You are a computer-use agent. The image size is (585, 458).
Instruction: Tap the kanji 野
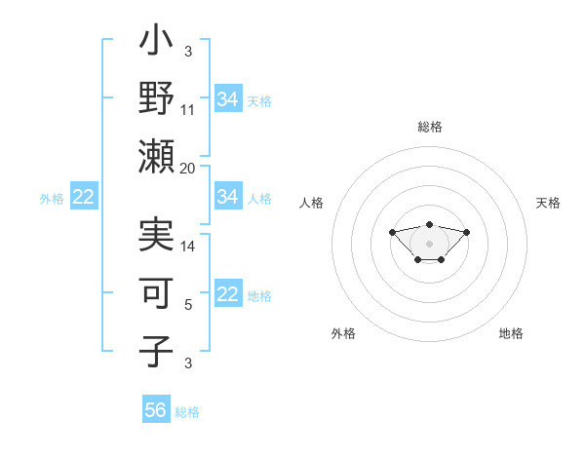tap(156, 99)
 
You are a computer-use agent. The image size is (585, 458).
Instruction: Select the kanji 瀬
tap(156, 156)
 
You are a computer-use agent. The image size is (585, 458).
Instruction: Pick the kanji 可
tap(156, 293)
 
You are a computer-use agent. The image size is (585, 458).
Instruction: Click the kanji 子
tap(156, 350)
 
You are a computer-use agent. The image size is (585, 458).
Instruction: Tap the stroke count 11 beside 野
tap(188, 110)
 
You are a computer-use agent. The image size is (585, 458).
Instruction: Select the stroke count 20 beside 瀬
tap(188, 168)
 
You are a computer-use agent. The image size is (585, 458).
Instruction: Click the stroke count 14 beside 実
tap(188, 248)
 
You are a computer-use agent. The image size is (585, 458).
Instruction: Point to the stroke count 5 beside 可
tap(188, 305)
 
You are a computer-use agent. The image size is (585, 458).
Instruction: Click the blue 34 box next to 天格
tap(228, 99)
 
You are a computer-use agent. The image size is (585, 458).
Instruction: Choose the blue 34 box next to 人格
tap(228, 197)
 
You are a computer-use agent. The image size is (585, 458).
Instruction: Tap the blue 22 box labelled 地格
tap(228, 295)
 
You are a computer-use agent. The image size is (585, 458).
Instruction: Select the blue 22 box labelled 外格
tap(84, 197)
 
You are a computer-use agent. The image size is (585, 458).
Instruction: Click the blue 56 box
tap(156, 410)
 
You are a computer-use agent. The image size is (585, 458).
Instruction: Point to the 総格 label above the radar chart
tap(430, 127)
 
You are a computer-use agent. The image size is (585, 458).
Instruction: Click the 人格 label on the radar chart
tap(312, 203)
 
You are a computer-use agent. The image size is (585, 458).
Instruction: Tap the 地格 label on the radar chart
tap(511, 333)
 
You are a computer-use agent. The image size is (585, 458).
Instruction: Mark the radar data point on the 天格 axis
tap(467, 232)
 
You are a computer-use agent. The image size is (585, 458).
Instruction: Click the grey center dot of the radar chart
tap(430, 244)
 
